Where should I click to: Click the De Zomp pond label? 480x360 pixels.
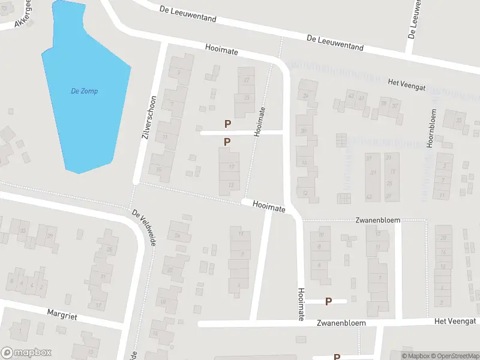[84, 91]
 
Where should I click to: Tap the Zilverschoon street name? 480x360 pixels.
[149, 118]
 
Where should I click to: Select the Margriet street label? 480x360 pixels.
[63, 313]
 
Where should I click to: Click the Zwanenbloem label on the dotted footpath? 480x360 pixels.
[377, 220]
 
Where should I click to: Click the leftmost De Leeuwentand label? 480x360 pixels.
[188, 14]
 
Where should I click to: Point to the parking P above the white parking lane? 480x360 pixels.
[227, 124]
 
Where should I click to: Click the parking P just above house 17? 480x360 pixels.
[227, 142]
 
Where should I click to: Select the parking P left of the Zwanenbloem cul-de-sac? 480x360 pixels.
[328, 301]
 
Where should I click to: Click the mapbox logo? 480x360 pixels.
[26, 353]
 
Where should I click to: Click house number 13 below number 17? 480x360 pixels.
[232, 185]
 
